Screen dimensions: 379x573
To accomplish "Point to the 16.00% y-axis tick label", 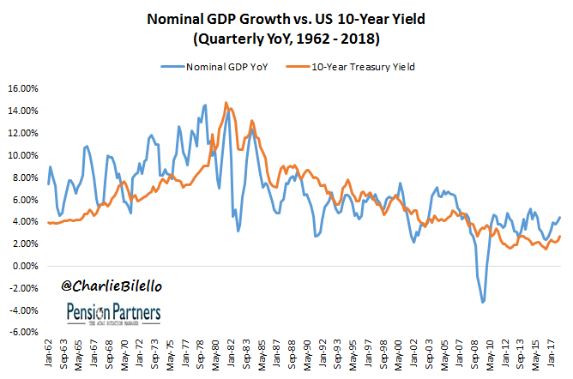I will (22, 88).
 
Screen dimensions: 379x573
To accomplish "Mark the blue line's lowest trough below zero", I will (484, 302).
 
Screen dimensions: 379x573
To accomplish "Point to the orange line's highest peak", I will (226, 103).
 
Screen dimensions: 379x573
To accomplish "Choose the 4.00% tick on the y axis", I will (25, 221).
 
